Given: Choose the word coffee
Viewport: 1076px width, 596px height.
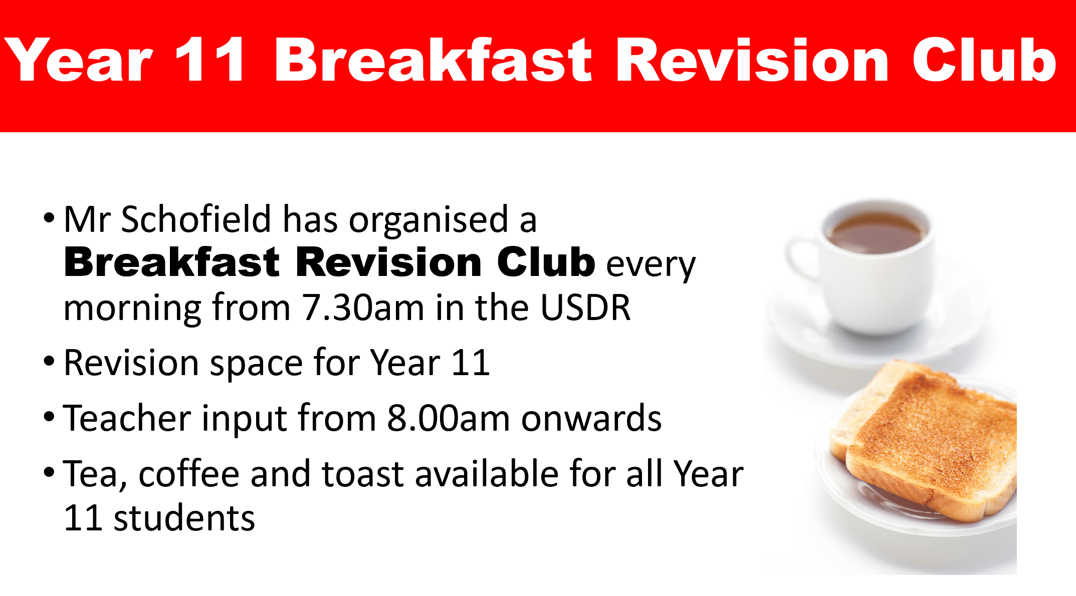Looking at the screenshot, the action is tap(189, 473).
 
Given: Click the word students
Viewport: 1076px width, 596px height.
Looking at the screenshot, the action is tap(184, 518).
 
